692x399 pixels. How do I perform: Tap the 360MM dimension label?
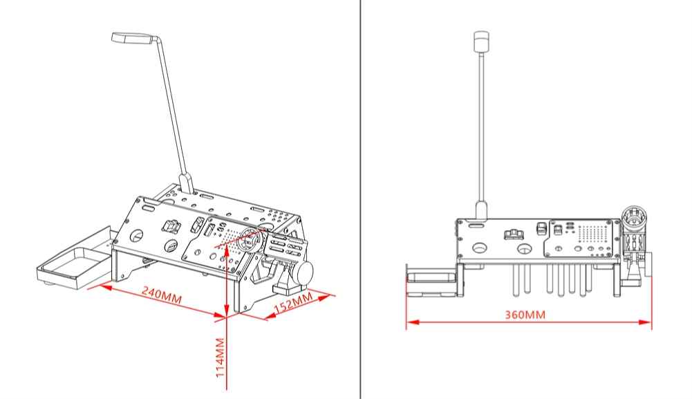tap(525, 315)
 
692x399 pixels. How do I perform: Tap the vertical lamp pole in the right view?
tap(480, 124)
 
